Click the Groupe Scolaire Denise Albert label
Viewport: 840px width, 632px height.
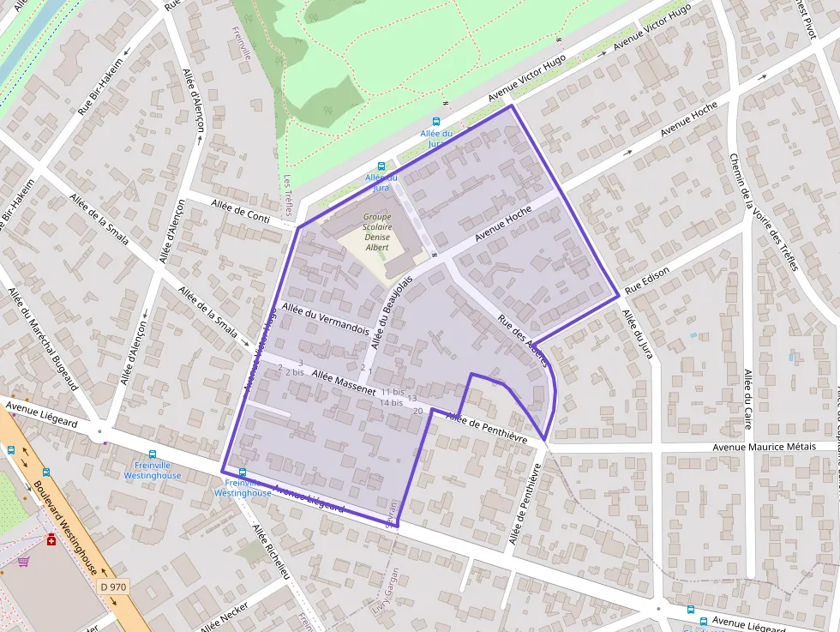(377, 232)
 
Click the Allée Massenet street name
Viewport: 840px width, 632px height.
(344, 382)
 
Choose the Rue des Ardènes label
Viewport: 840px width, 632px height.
(523, 341)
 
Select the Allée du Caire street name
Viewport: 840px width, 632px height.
(747, 400)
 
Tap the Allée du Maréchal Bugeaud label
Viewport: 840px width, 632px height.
(44, 338)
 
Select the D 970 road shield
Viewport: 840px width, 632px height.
(112, 587)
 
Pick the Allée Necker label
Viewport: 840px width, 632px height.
(224, 617)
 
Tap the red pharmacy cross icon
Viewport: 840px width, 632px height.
(51, 540)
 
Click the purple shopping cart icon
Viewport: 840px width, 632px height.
(23, 562)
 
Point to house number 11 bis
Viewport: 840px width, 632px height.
(393, 392)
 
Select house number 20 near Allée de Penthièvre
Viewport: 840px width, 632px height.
(418, 412)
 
